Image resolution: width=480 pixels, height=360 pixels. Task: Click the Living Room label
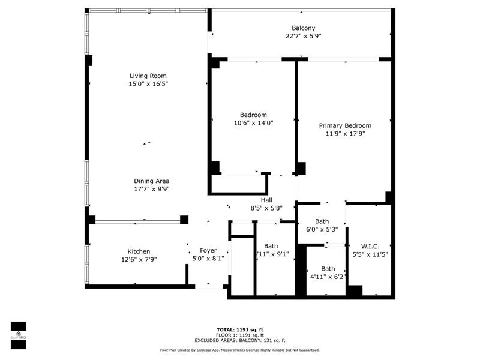pyautogui.click(x=148, y=76)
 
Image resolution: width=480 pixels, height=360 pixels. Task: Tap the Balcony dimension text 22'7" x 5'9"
pyautogui.click(x=304, y=36)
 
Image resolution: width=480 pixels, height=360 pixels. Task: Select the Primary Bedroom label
pyautogui.click(x=346, y=125)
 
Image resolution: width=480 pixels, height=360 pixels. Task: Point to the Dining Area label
pyautogui.click(x=152, y=181)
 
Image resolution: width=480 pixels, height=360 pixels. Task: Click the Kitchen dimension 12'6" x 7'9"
pyautogui.click(x=139, y=260)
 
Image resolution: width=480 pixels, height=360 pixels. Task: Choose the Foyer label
pyautogui.click(x=208, y=250)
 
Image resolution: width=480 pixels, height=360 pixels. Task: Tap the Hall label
pyautogui.click(x=266, y=200)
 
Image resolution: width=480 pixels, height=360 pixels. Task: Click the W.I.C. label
pyautogui.click(x=370, y=247)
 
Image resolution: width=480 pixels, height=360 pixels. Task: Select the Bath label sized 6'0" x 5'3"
pyautogui.click(x=322, y=221)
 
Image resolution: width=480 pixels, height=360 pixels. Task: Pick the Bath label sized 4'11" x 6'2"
pyautogui.click(x=328, y=269)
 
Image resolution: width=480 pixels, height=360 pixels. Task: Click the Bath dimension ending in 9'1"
pyautogui.click(x=272, y=254)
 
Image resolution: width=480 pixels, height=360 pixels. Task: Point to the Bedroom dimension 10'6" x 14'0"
pyautogui.click(x=253, y=123)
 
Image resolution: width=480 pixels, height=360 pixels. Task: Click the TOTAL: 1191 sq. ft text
pyautogui.click(x=240, y=329)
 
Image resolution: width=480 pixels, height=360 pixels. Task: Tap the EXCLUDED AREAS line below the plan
pyautogui.click(x=240, y=340)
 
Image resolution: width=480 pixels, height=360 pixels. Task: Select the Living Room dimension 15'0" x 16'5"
pyautogui.click(x=148, y=84)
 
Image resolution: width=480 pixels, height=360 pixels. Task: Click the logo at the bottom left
pyautogui.click(x=19, y=335)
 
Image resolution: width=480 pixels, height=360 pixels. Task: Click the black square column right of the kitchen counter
pyautogui.click(x=184, y=220)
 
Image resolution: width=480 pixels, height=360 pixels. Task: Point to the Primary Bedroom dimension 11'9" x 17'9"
pyautogui.click(x=346, y=134)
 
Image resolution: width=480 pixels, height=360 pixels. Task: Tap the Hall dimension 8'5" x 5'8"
pyautogui.click(x=266, y=208)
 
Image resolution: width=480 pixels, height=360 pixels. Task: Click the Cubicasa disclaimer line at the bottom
pyautogui.click(x=239, y=350)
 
